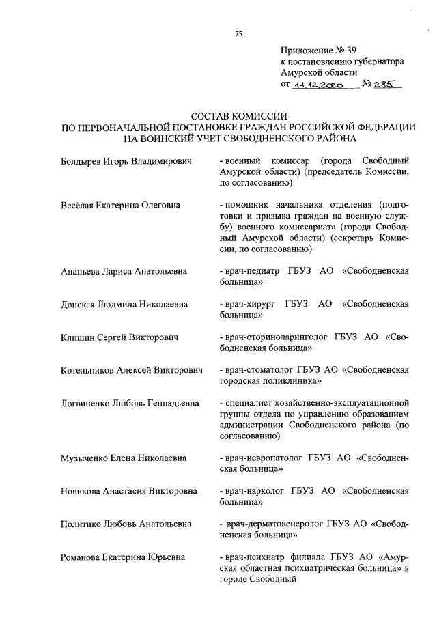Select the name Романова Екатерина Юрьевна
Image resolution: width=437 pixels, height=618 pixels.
pyautogui.click(x=122, y=556)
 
